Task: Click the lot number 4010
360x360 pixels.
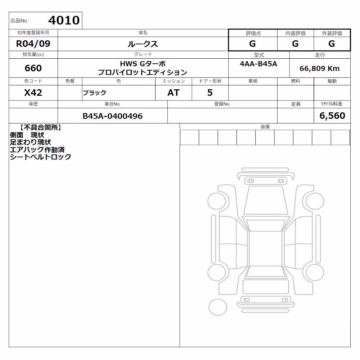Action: tap(64, 20)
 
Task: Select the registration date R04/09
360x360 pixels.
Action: tap(33, 44)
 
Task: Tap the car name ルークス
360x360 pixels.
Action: tap(143, 44)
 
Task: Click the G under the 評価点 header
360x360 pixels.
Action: tap(252, 44)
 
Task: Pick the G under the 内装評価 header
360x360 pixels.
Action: tap(295, 44)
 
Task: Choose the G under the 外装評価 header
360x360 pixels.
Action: tap(332, 44)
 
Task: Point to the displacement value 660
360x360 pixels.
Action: tap(33, 68)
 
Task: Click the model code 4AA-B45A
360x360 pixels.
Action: tap(258, 64)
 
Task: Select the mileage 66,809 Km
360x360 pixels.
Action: tap(319, 68)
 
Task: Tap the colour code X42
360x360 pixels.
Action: tap(33, 93)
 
